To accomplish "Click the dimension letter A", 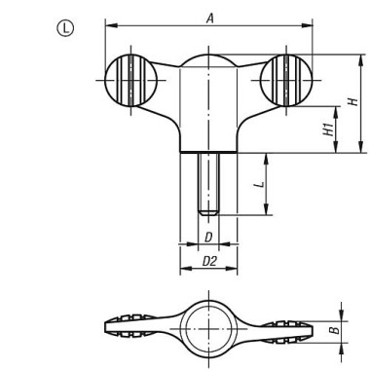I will tap(210, 17).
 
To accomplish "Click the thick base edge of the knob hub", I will tap(207, 152).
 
